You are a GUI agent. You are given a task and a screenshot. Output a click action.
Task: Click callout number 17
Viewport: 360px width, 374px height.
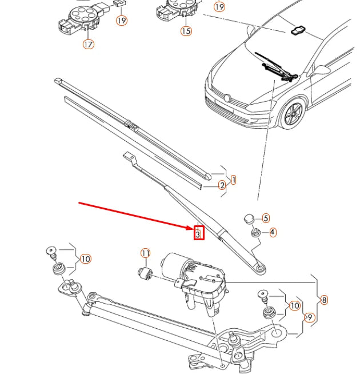89,45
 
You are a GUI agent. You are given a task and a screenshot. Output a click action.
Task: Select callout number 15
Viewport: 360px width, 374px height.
186,31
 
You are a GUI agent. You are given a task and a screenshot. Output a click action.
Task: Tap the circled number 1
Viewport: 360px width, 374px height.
234,180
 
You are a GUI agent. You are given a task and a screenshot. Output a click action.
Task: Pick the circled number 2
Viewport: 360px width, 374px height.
222,185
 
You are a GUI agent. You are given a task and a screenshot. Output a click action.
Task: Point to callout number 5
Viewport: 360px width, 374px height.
266,218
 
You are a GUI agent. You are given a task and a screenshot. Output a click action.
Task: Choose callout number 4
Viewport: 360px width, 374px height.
273,232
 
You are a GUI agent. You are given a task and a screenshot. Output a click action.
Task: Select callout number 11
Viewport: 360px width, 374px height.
146,253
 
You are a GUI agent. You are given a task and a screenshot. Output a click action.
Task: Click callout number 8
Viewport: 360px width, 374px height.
324,300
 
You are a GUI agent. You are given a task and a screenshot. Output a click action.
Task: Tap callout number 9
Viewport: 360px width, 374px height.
310,317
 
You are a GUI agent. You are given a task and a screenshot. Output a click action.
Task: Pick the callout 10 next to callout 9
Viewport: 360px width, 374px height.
295,305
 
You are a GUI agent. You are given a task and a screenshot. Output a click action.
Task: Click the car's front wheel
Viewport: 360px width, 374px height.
293,114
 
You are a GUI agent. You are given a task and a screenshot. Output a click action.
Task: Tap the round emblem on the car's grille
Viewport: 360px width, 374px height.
227,98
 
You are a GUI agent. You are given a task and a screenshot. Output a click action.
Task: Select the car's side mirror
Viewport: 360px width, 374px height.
321,70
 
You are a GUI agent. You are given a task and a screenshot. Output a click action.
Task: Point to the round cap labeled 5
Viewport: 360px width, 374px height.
249,219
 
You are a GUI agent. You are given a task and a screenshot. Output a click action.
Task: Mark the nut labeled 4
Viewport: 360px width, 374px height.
255,232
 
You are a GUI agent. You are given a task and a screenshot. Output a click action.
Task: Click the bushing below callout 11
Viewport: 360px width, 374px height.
146,273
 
